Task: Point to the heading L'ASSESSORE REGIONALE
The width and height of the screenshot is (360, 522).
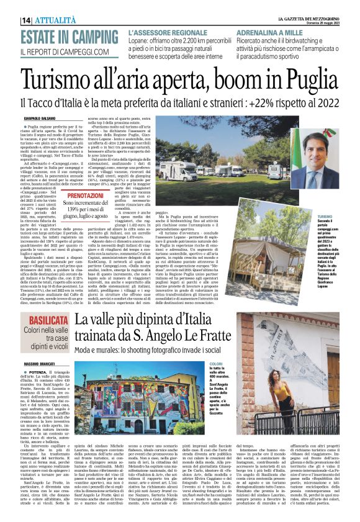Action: (x=168, y=30)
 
